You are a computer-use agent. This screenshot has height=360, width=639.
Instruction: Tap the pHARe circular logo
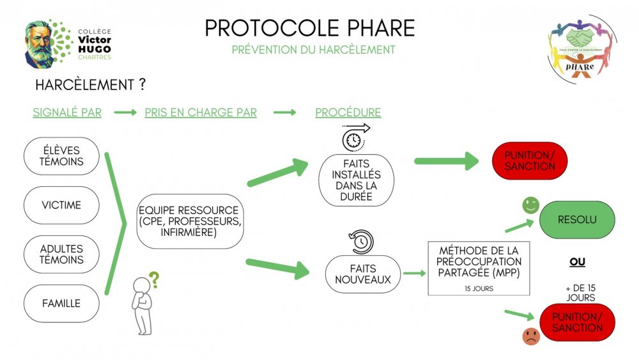pyautogui.click(x=581, y=49)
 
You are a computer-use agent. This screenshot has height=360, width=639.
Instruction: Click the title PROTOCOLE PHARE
pyautogui.click(x=310, y=28)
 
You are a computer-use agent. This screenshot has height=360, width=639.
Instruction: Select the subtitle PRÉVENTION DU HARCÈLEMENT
pyautogui.click(x=313, y=50)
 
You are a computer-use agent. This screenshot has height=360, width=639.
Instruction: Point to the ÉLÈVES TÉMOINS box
pyautogui.click(x=61, y=156)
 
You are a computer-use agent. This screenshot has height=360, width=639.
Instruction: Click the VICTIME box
pyautogui.click(x=61, y=205)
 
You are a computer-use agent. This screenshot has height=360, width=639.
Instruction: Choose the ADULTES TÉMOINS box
pyautogui.click(x=61, y=254)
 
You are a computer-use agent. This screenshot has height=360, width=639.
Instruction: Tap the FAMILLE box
pyautogui.click(x=61, y=303)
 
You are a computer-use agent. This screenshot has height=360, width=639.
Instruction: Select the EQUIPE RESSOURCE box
pyautogui.click(x=190, y=221)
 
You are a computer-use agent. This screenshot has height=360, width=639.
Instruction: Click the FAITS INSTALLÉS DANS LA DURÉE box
pyautogui.click(x=356, y=180)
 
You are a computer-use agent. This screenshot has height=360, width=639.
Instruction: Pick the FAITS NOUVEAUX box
pyautogui.click(x=363, y=274)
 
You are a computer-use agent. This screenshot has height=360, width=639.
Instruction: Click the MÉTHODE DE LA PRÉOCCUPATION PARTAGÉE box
pyautogui.click(x=479, y=269)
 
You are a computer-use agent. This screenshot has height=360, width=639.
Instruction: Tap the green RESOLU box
pyautogui.click(x=577, y=220)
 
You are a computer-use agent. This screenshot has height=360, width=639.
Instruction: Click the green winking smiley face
pyautogui.click(x=530, y=205)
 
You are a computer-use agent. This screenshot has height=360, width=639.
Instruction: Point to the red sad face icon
pyautogui.click(x=531, y=336)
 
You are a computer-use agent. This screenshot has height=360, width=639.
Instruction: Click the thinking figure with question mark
pyautogui.click(x=144, y=303)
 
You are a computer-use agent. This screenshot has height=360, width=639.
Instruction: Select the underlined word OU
pyautogui.click(x=577, y=262)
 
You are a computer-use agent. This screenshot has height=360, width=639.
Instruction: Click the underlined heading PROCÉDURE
pyautogui.click(x=348, y=113)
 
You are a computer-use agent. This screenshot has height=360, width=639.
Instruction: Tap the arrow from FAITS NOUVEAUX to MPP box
pyautogui.click(x=415, y=274)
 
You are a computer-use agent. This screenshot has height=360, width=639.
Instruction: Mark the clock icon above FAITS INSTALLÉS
pyautogui.click(x=355, y=138)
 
